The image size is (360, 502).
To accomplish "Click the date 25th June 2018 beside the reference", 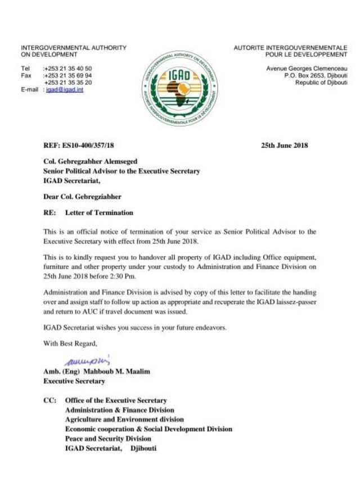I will [285, 146].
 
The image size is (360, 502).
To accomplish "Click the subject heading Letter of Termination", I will [99, 213].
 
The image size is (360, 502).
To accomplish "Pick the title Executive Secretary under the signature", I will [74, 381].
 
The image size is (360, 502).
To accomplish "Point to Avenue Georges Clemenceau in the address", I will [307, 69].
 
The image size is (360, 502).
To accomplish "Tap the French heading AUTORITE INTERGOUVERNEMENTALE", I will [290, 48].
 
